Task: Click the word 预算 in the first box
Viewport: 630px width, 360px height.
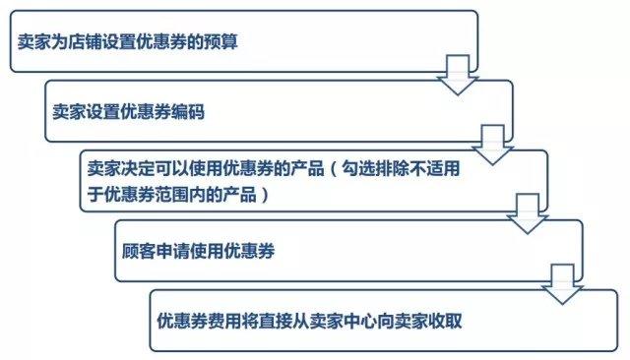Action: (221, 43)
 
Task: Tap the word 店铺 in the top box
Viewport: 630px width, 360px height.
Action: (84, 43)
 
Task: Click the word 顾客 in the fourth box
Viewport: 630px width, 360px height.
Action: (133, 251)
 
